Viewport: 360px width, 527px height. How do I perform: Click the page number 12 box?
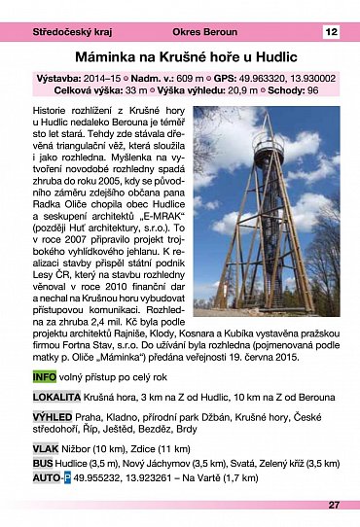tap(331, 32)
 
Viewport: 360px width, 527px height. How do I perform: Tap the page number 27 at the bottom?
tap(334, 505)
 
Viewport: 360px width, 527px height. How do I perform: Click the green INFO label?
tap(44, 375)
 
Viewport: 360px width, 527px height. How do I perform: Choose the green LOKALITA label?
tap(56, 398)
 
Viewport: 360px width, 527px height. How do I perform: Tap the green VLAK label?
tap(46, 449)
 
